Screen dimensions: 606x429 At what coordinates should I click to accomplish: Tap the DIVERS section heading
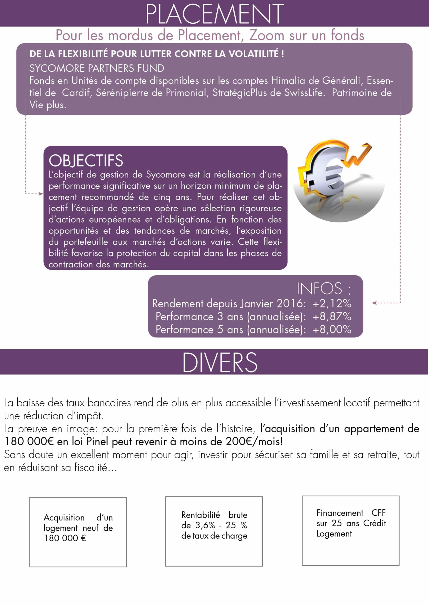coord(220,363)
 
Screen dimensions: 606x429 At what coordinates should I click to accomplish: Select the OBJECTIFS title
coord(86,161)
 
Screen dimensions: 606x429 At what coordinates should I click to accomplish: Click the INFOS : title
coord(323,289)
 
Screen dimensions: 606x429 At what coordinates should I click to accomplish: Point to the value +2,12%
coord(332,304)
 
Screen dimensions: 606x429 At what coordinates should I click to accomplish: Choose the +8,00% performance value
coord(332,330)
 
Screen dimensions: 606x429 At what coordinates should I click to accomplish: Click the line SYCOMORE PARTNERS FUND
coord(97,68)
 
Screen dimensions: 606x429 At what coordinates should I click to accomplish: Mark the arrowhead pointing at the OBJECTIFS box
coord(41,194)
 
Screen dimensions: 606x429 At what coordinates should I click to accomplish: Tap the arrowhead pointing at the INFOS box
coord(374,303)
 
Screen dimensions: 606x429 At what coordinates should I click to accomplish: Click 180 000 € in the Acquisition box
coord(65,538)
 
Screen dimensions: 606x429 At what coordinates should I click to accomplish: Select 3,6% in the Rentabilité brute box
coord(205,525)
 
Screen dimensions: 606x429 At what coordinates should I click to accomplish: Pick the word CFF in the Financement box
coord(378,512)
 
